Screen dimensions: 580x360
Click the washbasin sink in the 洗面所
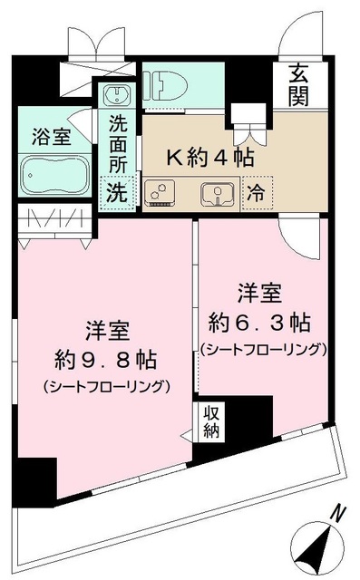coord(117,95)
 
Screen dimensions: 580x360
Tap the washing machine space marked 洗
coord(117,191)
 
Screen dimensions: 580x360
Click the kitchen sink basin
coord(219,191)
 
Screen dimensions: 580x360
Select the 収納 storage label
coord(210,420)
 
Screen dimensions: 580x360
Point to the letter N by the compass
coord(337,514)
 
